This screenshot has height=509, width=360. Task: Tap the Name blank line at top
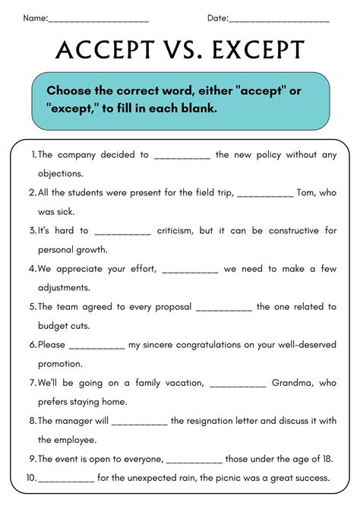coord(99,19)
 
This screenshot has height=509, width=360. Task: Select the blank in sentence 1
coord(182,156)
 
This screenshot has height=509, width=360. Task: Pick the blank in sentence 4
coord(190,268)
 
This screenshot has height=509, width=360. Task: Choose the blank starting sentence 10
coord(66,479)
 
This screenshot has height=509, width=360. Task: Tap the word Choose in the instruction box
coord(68,90)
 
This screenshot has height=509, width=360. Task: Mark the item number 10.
coord(31,478)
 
